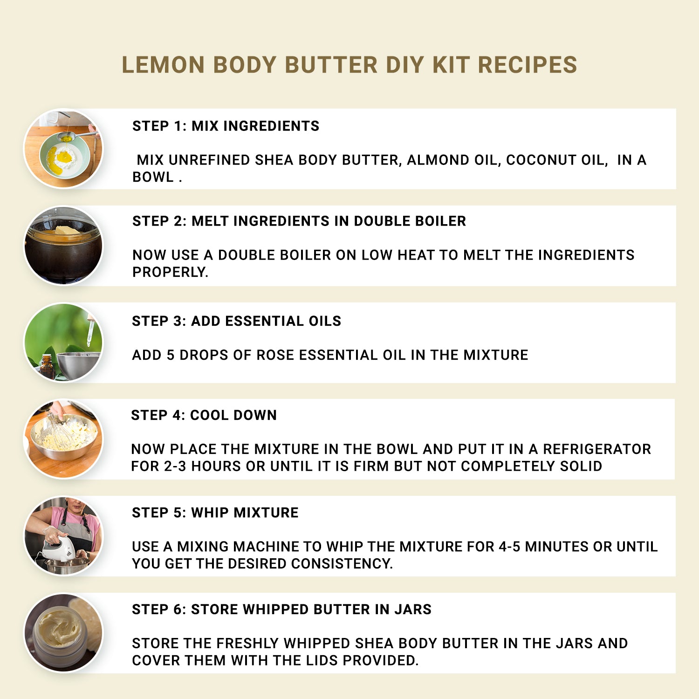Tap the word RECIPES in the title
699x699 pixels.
click(x=528, y=65)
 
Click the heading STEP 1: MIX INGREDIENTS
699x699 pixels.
click(x=226, y=126)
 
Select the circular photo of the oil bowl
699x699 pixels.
click(x=63, y=149)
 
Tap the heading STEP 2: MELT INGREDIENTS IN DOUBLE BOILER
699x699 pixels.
click(x=299, y=221)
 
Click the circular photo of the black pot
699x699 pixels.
click(x=63, y=246)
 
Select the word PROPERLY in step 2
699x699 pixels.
click(x=170, y=272)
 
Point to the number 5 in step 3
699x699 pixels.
click(x=171, y=355)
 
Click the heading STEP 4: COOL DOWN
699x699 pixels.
click(x=204, y=415)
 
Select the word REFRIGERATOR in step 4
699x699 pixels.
click(x=596, y=449)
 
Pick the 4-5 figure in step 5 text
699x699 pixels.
click(x=509, y=547)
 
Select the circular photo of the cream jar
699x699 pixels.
click(x=63, y=633)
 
